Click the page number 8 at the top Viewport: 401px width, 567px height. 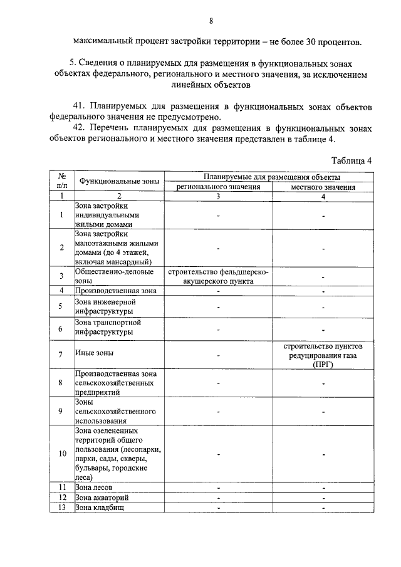coord(211,21)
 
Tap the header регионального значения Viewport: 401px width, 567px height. coord(217,187)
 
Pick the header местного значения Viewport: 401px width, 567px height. coord(323,187)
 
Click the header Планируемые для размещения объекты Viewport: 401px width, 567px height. coord(271,178)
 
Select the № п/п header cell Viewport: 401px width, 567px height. coord(62,182)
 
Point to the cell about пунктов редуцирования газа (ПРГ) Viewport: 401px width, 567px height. coord(323,355)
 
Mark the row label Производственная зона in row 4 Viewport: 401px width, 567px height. coord(115,291)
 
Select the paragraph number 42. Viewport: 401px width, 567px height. coord(79,128)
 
